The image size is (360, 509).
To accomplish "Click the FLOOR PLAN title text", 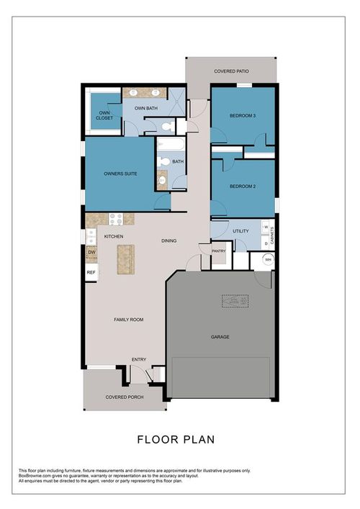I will (176, 438).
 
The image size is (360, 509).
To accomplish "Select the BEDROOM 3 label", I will (243, 115).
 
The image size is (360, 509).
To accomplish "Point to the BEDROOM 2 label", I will (243, 186).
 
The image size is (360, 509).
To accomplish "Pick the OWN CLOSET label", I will (104, 115).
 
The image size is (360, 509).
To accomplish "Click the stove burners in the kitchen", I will (117, 218).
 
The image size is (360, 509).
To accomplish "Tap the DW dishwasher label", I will (91, 253).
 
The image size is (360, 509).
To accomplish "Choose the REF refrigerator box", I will (91, 272).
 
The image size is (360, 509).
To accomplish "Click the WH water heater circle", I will (266, 261).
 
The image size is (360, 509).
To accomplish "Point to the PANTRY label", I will (220, 251).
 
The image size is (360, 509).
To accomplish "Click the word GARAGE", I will (220, 336).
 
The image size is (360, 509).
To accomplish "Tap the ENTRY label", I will (139, 359).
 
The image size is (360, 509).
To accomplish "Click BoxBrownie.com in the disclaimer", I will (36, 474).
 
